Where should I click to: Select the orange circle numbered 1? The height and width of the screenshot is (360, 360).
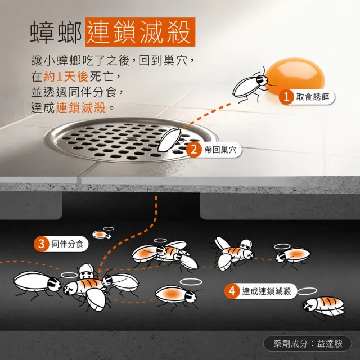coord(286,97)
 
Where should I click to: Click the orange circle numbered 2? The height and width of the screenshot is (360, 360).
coord(194,150)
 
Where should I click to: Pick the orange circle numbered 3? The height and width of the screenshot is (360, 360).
coord(41,244)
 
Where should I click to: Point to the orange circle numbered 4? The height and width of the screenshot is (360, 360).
coord(232,291)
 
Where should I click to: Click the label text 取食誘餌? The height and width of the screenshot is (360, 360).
coord(313,97)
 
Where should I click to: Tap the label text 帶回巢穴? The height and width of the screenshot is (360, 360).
coord(220,150)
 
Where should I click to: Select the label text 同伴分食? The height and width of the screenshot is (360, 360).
coord(67,244)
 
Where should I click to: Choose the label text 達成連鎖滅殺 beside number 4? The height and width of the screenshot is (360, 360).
coord(267,291)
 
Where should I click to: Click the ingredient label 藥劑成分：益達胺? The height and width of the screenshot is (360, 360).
coord(308,344)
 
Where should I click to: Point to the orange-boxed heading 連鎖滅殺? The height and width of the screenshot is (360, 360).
coord(140,32)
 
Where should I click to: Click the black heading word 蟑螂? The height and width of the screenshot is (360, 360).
coord(56,32)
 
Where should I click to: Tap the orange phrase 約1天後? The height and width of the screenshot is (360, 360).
coord(66,76)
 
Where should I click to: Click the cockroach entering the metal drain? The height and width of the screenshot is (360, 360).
coord(170,140)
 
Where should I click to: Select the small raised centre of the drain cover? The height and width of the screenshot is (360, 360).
coord(131,139)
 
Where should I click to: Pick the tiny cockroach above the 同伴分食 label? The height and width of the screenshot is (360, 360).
coord(101,235)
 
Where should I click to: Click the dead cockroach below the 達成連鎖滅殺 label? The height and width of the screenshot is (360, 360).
coord(324,307)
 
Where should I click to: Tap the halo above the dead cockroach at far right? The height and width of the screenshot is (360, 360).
coord(307,291)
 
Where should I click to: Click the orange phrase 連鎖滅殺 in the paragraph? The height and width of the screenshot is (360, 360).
coord(81,107)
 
